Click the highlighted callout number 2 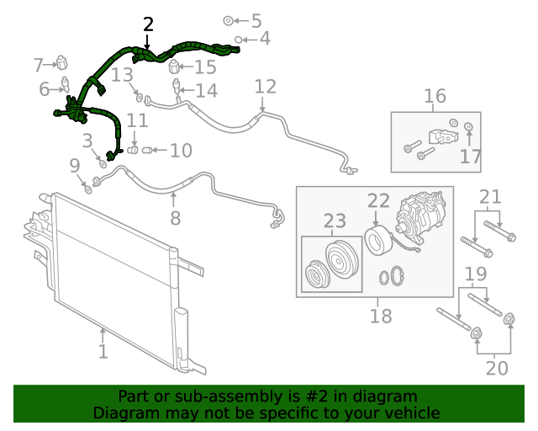click(x=148, y=24)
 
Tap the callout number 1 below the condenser click(x=103, y=350)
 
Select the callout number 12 click(x=265, y=86)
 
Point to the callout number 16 click(x=435, y=96)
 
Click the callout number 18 click(x=381, y=316)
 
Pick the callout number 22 click(x=378, y=200)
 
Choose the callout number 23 click(x=335, y=221)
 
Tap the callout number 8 click(x=175, y=218)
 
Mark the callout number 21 click(x=490, y=198)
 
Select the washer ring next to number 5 click(x=229, y=19)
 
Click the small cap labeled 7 click(x=61, y=62)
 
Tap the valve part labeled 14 click(x=177, y=88)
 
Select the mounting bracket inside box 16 click(x=441, y=136)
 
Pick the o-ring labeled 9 click(x=87, y=185)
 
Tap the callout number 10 click(x=181, y=151)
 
